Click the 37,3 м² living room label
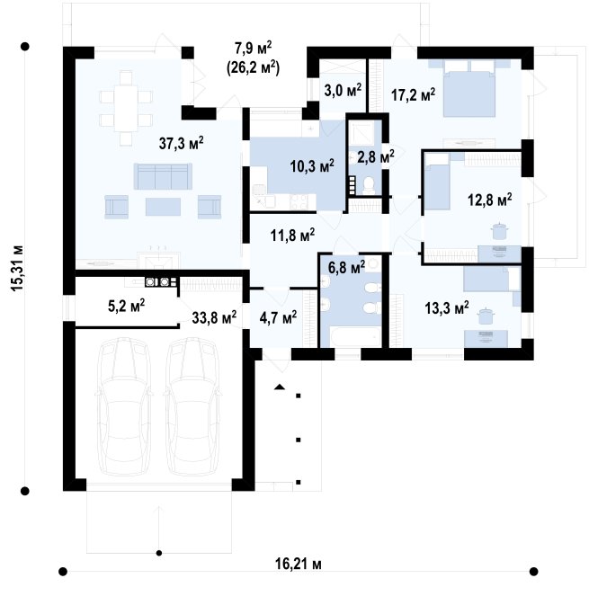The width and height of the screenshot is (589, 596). (181, 143)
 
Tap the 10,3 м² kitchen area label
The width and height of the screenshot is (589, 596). (312, 165)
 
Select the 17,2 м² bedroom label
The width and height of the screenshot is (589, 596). (414, 94)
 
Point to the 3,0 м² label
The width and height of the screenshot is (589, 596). (343, 90)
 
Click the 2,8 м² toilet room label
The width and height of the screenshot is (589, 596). (376, 156)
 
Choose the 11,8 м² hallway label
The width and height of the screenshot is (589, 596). (292, 235)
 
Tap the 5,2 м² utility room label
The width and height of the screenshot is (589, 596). (126, 306)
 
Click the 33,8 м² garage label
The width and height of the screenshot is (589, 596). (214, 316)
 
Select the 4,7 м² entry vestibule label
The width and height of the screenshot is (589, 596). (278, 316)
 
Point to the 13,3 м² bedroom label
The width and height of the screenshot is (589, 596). (447, 307)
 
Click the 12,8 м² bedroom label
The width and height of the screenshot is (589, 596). (489, 200)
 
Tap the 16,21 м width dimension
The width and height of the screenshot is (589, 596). (299, 564)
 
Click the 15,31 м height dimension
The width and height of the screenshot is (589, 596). (17, 269)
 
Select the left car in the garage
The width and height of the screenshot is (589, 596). (123, 406)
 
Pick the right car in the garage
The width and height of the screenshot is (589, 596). (192, 406)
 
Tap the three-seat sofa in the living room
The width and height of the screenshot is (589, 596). (163, 176)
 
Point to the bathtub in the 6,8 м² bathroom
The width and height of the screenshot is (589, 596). (355, 336)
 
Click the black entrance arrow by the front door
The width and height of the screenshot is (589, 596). (280, 387)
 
